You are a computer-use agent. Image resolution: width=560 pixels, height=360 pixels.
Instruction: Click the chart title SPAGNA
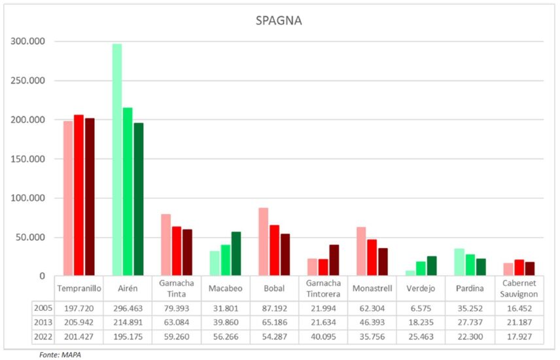(279, 21)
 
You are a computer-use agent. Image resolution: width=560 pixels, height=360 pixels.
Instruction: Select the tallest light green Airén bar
(117, 160)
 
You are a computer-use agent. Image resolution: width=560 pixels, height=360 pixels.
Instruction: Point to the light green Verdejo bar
(410, 273)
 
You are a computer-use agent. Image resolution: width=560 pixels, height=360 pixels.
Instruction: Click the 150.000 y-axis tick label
(27, 159)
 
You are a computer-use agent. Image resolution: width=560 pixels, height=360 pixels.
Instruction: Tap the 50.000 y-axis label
(29, 238)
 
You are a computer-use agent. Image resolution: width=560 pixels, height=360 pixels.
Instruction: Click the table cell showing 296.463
(127, 308)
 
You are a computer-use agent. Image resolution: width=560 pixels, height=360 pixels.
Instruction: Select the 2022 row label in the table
(41, 337)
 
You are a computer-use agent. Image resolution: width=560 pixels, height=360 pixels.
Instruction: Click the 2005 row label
(41, 308)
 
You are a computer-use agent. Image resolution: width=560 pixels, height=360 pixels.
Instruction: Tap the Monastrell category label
(372, 289)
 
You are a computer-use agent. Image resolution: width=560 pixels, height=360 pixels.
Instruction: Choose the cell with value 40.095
(323, 337)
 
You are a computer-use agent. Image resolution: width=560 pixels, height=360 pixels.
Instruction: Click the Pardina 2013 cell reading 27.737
(470, 323)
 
